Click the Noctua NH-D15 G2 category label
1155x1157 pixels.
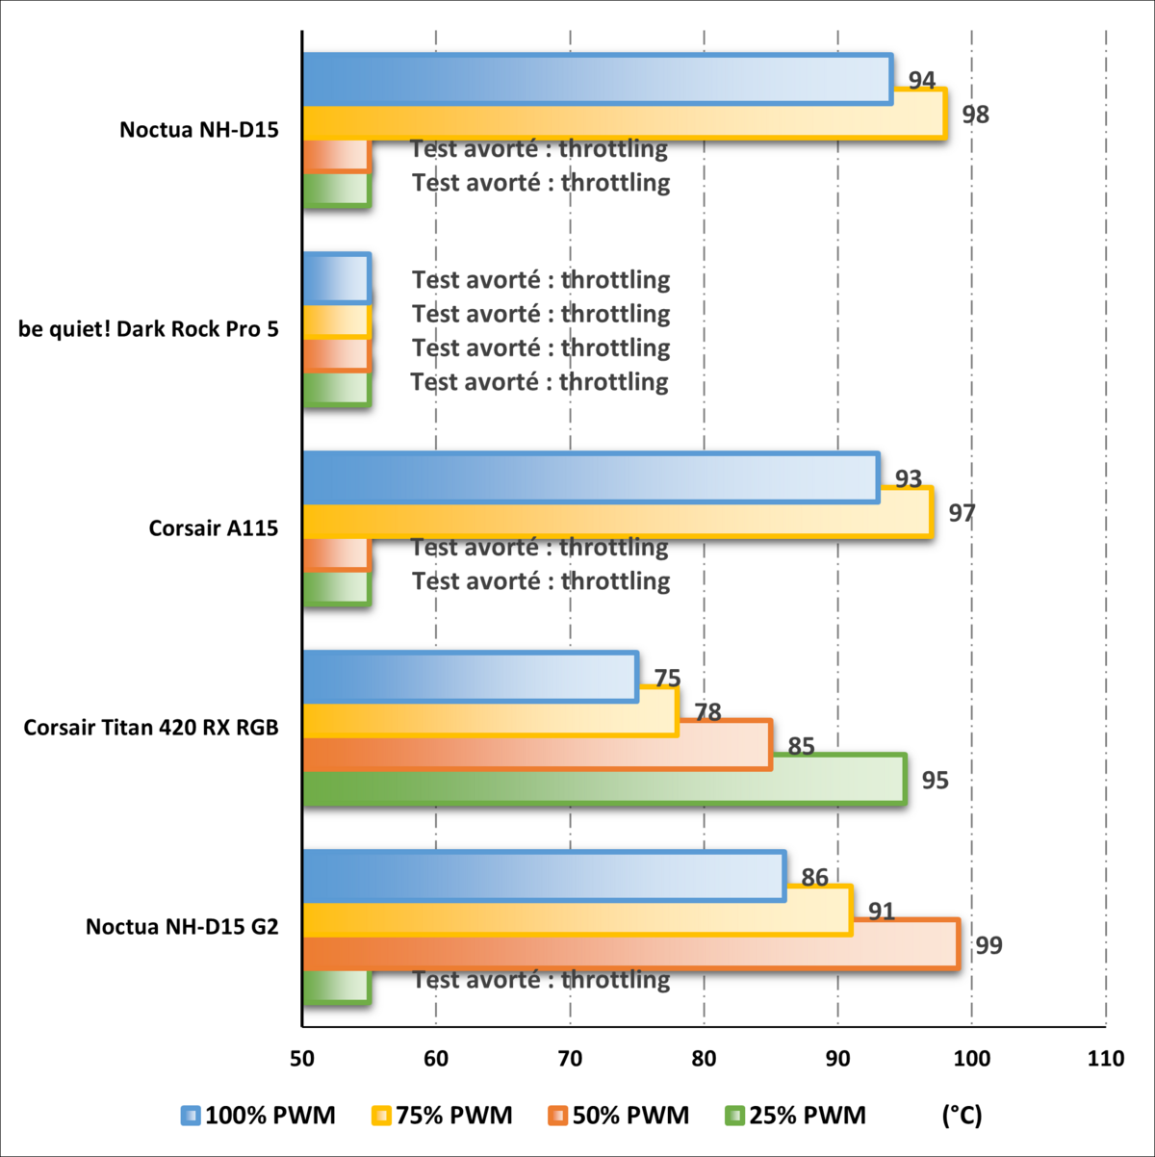coord(182,927)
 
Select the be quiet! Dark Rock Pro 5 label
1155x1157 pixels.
coord(148,329)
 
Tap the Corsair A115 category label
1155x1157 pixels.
coord(213,528)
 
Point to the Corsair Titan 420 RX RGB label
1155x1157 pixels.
coord(151,728)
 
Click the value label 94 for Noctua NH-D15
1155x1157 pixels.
coord(922,81)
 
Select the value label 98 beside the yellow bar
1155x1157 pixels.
coord(975,115)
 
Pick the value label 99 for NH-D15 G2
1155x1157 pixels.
coord(988,945)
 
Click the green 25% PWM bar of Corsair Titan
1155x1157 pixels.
coord(604,781)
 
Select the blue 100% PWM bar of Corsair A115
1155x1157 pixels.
coord(591,477)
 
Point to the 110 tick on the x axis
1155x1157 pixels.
coord(1105,1059)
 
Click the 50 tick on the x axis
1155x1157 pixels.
coord(302,1059)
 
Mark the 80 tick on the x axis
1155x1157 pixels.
coord(704,1059)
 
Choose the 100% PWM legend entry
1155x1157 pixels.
coord(258,1116)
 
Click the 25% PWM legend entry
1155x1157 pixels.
coord(795,1116)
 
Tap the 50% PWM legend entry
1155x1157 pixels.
coord(618,1116)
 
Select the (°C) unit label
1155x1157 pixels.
coord(962,1116)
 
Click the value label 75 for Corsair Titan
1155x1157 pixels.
coord(667,679)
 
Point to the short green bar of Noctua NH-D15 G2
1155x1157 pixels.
coord(337,988)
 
